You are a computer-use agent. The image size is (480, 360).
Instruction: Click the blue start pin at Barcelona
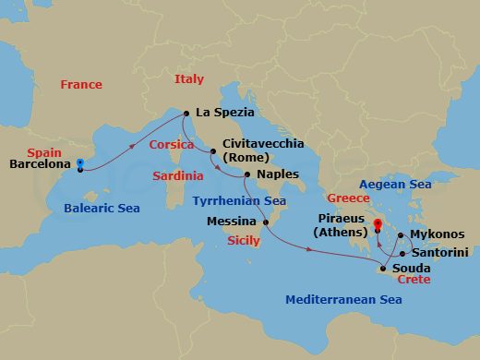[80, 165]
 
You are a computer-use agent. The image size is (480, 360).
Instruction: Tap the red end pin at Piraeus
[378, 223]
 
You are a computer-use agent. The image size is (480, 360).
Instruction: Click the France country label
[80, 85]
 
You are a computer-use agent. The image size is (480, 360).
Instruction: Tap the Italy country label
[189, 79]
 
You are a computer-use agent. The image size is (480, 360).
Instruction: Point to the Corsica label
[172, 146]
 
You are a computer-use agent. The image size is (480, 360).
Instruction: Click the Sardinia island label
[178, 175]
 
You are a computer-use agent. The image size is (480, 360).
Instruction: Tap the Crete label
[414, 280]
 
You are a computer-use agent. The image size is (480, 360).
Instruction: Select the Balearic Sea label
[102, 209]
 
